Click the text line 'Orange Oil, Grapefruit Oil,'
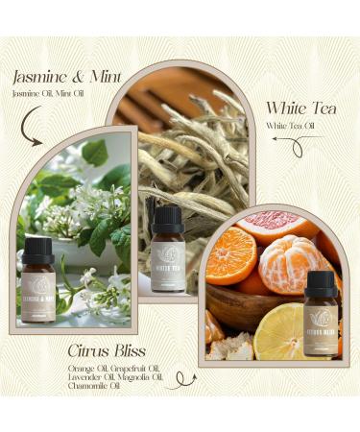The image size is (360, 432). (116, 368)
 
